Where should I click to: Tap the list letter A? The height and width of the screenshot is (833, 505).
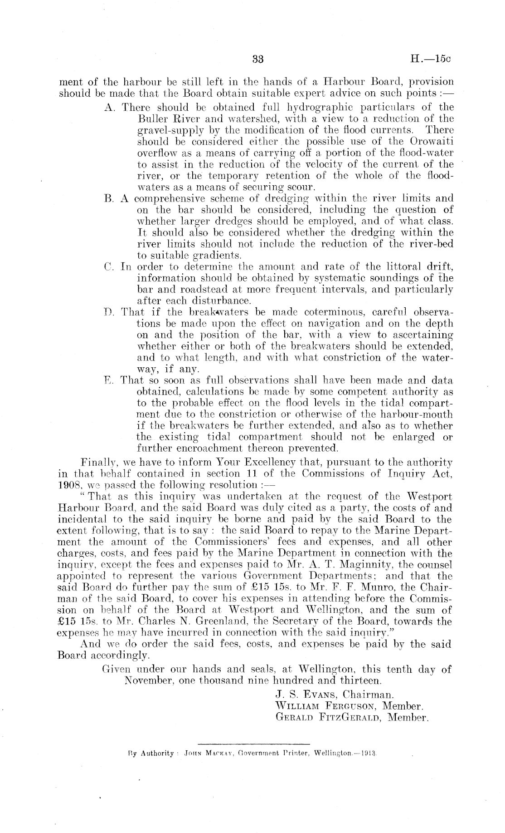coord(108,108)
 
